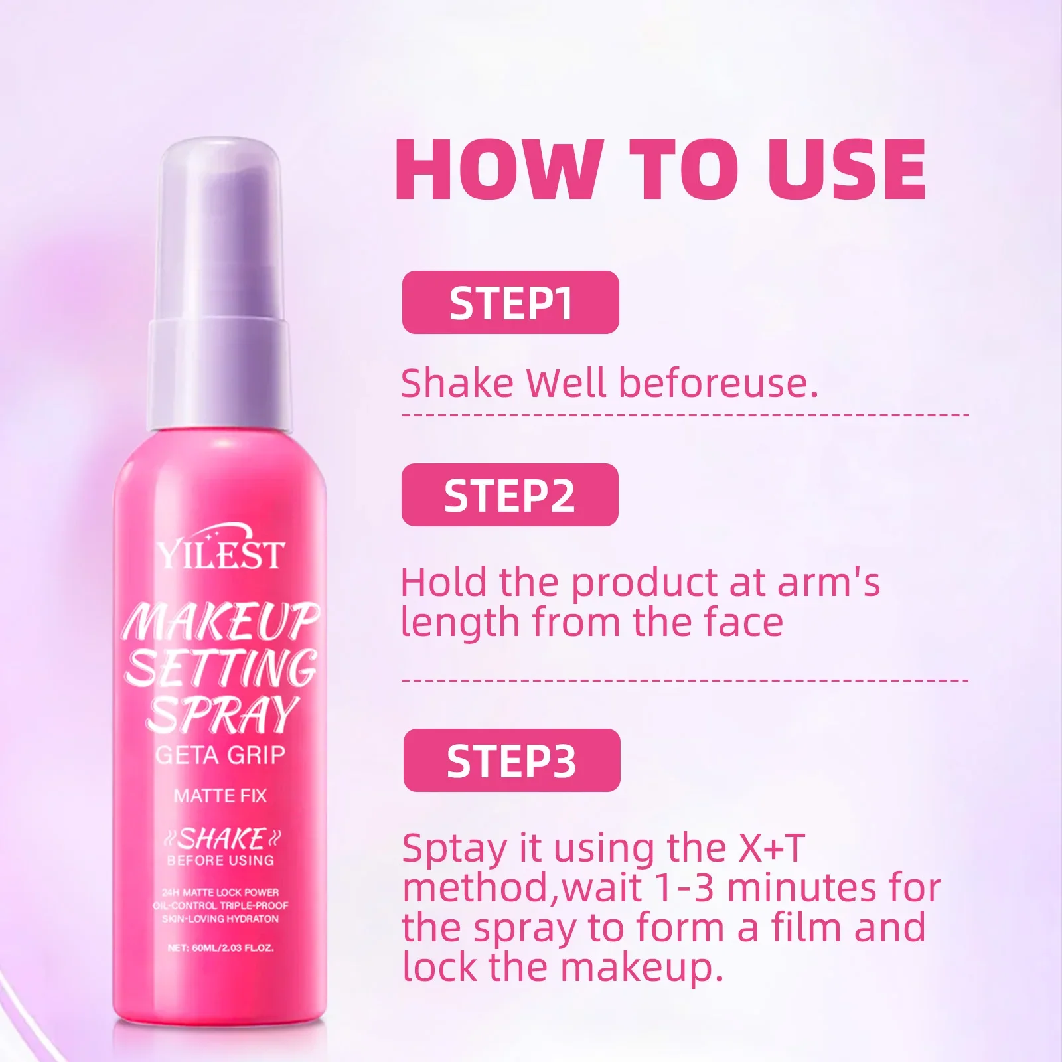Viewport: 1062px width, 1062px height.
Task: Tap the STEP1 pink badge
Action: pyautogui.click(x=510, y=303)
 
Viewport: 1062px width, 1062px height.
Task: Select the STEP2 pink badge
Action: pyautogui.click(x=510, y=495)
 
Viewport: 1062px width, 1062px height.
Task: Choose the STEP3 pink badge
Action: pyautogui.click(x=512, y=761)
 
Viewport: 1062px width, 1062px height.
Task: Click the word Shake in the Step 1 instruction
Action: pyautogui.click(x=457, y=383)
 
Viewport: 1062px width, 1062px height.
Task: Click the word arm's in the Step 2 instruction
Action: pyautogui.click(x=829, y=582)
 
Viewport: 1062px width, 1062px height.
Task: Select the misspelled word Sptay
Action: pyautogui.click(x=455, y=850)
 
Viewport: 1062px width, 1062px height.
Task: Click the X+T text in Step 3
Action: pyautogui.click(x=771, y=848)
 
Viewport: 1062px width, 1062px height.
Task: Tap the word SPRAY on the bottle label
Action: pyautogui.click(x=222, y=715)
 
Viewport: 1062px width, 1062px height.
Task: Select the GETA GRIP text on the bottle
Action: pyautogui.click(x=220, y=755)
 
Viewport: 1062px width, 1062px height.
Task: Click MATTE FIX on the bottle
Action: pyautogui.click(x=220, y=795)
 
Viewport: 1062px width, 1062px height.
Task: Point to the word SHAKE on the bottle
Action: pyautogui.click(x=222, y=839)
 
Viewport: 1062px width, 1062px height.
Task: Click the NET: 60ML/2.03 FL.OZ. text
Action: pyautogui.click(x=220, y=948)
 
